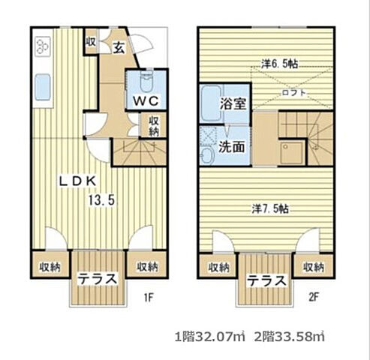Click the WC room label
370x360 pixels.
tap(146, 101)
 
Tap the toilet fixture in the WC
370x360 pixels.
tap(147, 81)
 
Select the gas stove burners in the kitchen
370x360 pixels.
tap(43, 46)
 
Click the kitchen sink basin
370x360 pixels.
tap(43, 86)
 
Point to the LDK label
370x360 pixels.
tap(77, 181)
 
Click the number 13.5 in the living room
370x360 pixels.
tap(102, 200)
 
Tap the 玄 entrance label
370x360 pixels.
tap(119, 48)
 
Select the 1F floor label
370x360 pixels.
tap(149, 297)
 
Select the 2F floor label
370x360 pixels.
tap(314, 297)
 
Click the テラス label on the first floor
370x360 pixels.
tap(98, 279)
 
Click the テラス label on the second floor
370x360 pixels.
tap(266, 280)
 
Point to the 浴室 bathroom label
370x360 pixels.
tap(233, 103)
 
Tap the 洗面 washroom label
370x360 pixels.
tap(232, 147)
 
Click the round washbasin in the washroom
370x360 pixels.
tap(207, 156)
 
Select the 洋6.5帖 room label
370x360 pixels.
tap(279, 64)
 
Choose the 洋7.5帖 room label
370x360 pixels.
tap(270, 208)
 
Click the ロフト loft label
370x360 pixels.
tap(294, 93)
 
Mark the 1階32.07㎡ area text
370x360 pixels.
tap(209, 337)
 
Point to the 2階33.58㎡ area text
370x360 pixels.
tap(290, 337)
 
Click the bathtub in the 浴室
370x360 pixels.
tap(212, 103)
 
